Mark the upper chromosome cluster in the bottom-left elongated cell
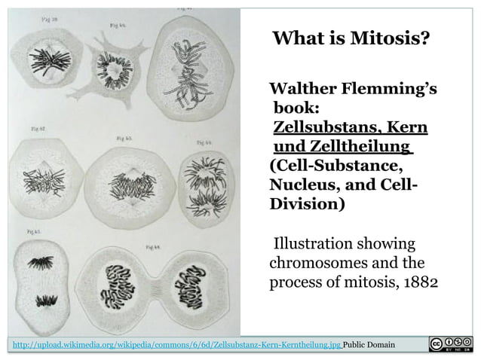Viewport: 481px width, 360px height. (39, 263)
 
